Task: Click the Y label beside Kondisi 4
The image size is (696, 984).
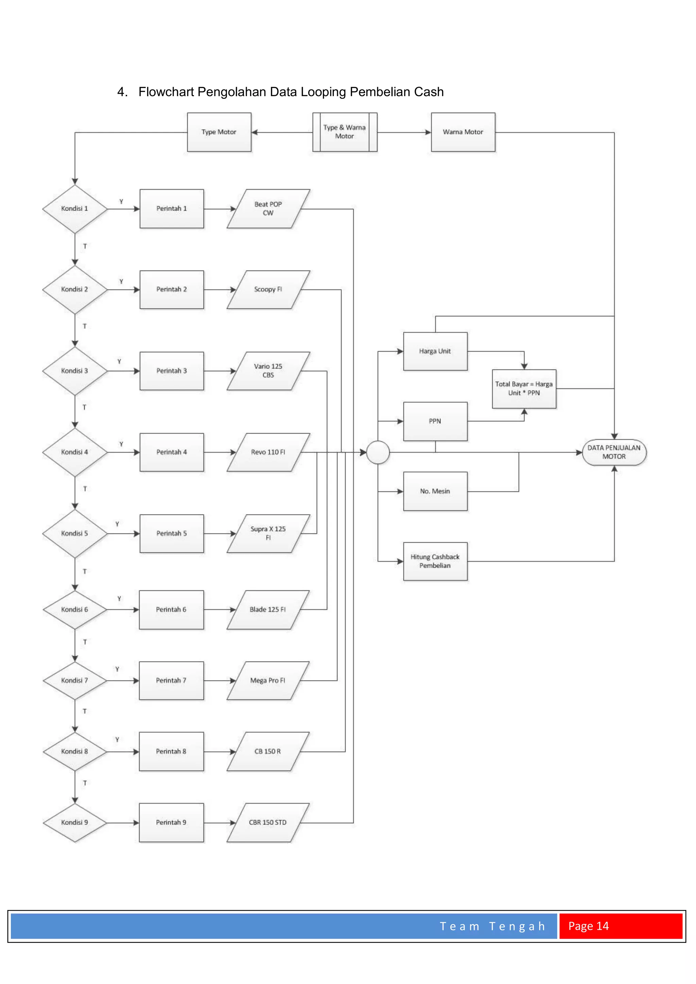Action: (121, 444)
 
